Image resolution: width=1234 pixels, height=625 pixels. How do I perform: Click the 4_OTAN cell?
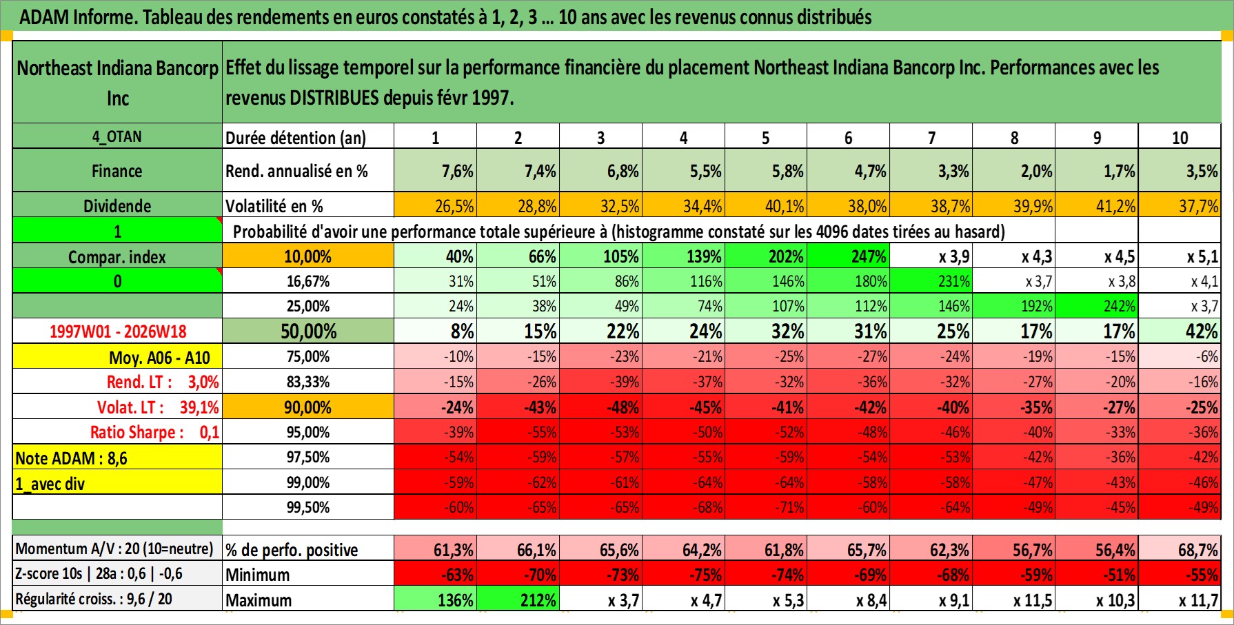coord(117,136)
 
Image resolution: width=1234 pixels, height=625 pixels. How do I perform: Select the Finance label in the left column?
coord(117,171)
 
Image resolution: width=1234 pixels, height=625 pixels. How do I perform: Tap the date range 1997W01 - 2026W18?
coord(118,331)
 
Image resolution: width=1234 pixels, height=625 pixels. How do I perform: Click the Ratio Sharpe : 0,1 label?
coord(154,432)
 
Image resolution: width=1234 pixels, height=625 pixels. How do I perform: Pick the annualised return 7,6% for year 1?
coord(457,171)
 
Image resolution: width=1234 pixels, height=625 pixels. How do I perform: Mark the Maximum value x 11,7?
coord(1198,600)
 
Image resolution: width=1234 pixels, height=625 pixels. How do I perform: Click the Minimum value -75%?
coord(705,575)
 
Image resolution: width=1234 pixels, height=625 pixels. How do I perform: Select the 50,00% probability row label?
coord(308,331)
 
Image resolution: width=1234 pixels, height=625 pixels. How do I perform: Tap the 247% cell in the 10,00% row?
coord(869,256)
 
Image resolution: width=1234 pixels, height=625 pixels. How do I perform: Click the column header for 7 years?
coord(931,138)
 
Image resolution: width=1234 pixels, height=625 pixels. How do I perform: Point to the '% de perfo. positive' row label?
coord(292,550)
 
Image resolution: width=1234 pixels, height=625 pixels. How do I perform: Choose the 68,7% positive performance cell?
coord(1198,550)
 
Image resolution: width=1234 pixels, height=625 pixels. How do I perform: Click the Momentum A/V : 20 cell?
coord(114,549)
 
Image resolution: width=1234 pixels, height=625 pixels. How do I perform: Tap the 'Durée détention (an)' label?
coord(296,138)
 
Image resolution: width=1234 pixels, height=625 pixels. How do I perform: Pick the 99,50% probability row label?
coord(308,507)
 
